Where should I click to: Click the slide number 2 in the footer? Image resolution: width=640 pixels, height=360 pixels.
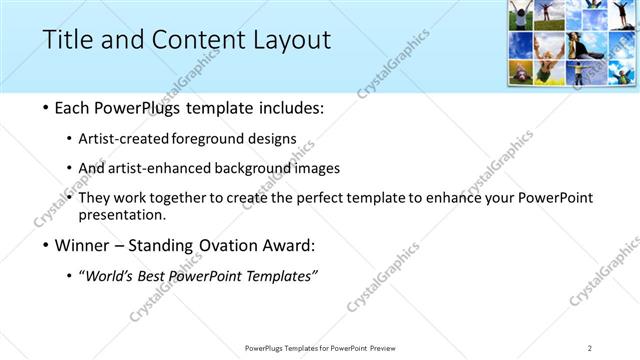pyautogui.click(x=590, y=347)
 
